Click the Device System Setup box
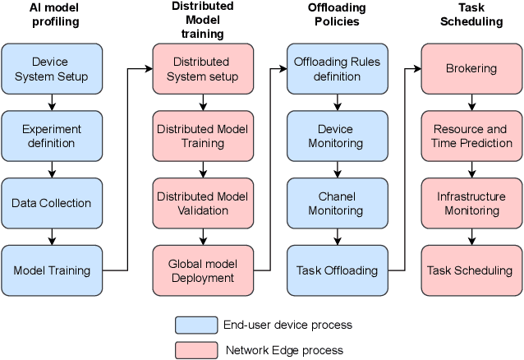52,69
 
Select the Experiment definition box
52,136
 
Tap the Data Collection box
52,203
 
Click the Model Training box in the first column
52,270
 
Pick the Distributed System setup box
203,69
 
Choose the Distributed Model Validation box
203,203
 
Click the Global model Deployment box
203,270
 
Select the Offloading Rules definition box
337,69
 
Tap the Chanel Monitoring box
337,203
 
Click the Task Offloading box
337,270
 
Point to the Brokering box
471,69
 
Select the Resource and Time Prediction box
471,136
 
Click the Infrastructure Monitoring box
471,203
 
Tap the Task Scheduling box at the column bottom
471,270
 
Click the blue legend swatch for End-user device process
195,325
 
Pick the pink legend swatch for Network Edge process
195,349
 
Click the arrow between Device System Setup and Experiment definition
52,103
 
